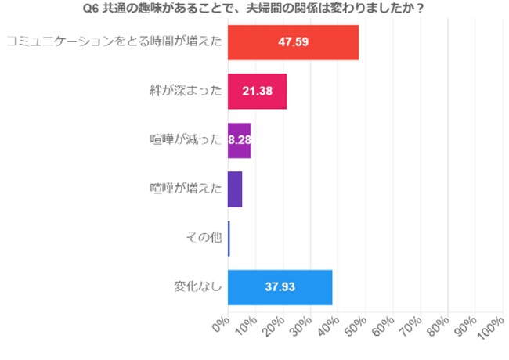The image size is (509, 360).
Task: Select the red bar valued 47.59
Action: (293, 42)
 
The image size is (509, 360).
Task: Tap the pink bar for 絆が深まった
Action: (257, 92)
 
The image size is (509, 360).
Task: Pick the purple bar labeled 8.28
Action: (239, 141)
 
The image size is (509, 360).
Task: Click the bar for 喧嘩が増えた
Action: (235, 189)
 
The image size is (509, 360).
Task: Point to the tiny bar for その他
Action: (229, 238)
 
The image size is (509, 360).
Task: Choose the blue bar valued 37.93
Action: (280, 287)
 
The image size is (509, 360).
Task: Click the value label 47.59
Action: (294, 42)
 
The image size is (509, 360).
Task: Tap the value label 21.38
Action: (257, 92)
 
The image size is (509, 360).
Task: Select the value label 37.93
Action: (280, 287)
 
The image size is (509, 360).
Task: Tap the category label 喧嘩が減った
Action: (186, 141)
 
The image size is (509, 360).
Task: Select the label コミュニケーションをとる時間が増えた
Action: (114, 42)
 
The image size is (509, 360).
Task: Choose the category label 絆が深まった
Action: (186, 92)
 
